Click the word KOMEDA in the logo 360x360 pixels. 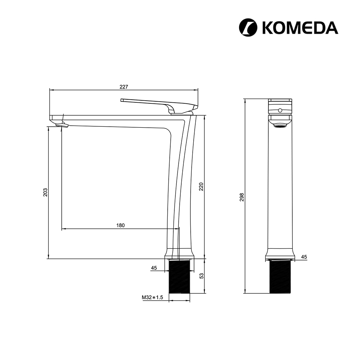pyautogui.click(x=300, y=28)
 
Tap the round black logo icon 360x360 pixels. pyautogui.click(x=248, y=28)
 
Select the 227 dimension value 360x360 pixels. pyautogui.click(x=124, y=87)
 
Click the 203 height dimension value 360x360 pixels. pyautogui.click(x=45, y=192)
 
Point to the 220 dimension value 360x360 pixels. pyautogui.click(x=201, y=187)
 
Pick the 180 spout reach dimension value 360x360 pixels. pyautogui.click(x=120, y=225)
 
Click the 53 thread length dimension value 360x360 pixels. pyautogui.click(x=201, y=276)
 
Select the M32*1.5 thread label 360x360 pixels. pyautogui.click(x=152, y=297)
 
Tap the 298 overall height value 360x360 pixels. pyautogui.click(x=242, y=197)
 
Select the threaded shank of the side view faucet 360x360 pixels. pyautogui.click(x=179, y=277)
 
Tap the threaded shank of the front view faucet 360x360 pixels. pyautogui.click(x=280, y=277)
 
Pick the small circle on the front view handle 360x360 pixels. pyautogui.click(x=280, y=110)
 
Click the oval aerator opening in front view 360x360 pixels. pyautogui.click(x=280, y=126)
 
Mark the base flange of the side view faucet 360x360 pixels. pyautogui.click(x=179, y=253)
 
